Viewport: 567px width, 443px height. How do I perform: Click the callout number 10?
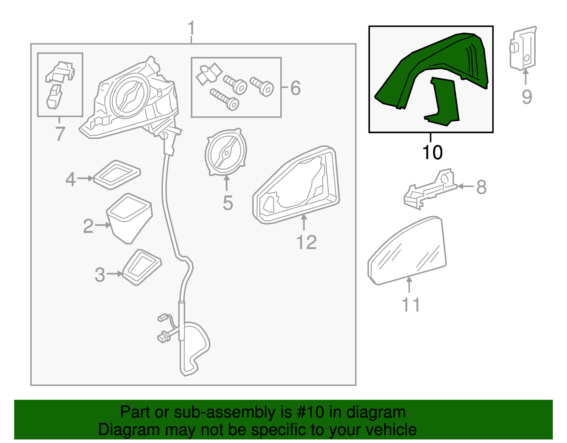click(x=432, y=153)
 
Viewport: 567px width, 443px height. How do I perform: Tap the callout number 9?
click(x=527, y=97)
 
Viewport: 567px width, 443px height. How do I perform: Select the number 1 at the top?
click(x=191, y=28)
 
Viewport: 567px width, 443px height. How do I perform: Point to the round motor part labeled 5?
click(x=225, y=153)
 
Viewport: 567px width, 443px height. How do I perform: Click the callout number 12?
click(x=306, y=243)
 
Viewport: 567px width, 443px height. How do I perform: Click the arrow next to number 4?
click(x=85, y=178)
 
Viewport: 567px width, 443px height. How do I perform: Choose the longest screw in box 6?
click(x=224, y=99)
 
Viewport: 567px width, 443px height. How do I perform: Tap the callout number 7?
click(x=60, y=134)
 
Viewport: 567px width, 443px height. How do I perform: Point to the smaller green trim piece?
click(x=443, y=103)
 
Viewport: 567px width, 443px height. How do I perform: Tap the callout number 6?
click(x=295, y=88)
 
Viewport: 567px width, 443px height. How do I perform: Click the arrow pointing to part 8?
click(x=466, y=186)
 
